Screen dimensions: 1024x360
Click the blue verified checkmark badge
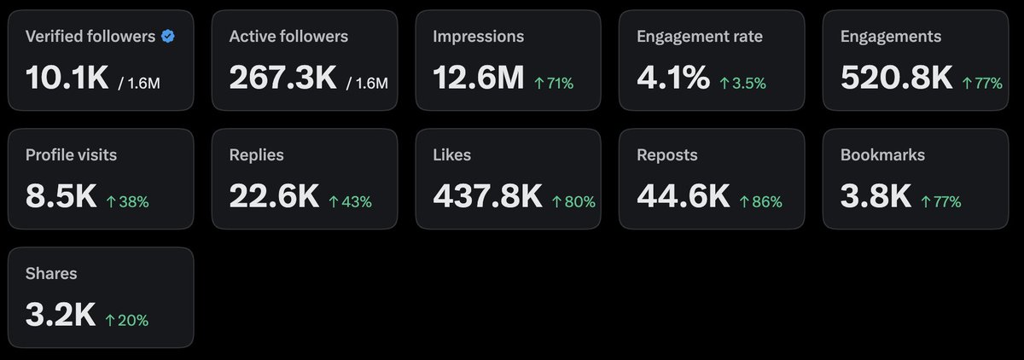(x=168, y=36)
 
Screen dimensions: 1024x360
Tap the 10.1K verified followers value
(x=67, y=78)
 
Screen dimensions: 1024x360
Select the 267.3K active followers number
(x=283, y=78)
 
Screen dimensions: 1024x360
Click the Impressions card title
(x=478, y=37)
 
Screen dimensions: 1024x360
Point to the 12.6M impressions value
(x=478, y=78)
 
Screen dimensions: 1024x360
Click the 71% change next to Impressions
(x=554, y=83)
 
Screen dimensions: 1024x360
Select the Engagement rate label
(x=700, y=37)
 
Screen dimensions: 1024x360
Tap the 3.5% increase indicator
(x=743, y=83)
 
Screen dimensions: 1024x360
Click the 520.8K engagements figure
(x=897, y=78)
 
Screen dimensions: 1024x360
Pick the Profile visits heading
(x=72, y=155)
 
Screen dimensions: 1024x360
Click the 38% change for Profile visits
(x=127, y=201)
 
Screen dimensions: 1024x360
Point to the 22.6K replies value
(x=274, y=196)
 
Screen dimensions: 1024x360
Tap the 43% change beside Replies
(x=350, y=201)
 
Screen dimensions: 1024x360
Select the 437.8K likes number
(x=488, y=196)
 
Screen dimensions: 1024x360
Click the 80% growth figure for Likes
(x=573, y=201)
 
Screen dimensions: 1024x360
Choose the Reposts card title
(x=667, y=155)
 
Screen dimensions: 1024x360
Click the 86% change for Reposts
(x=760, y=201)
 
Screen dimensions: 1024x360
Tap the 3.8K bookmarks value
(x=876, y=196)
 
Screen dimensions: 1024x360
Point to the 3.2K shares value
(x=61, y=315)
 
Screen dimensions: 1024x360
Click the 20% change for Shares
(x=126, y=320)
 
